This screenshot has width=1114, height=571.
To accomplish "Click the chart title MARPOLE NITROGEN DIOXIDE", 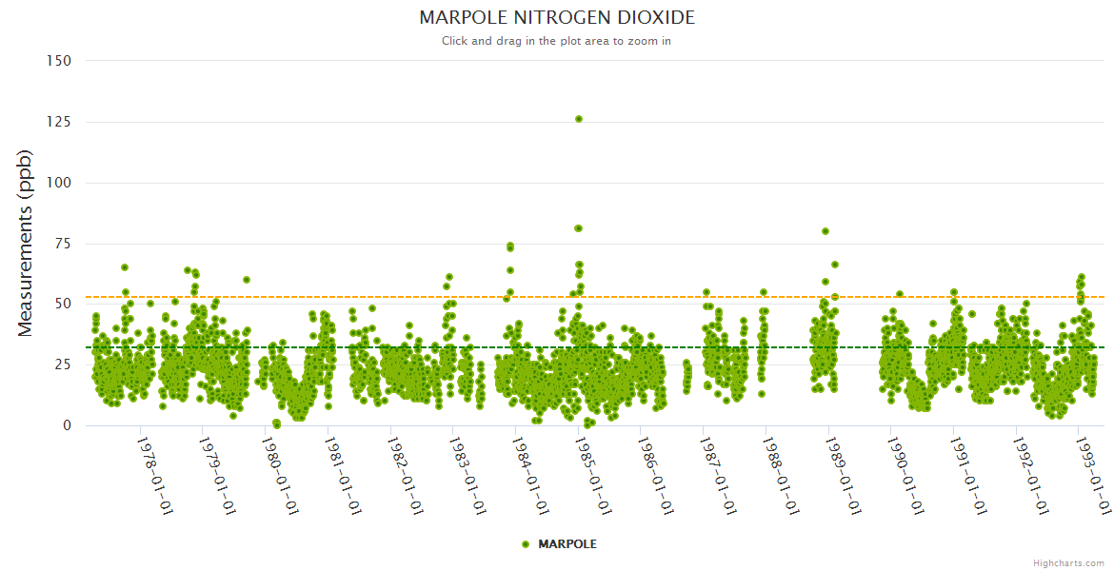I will click(557, 18).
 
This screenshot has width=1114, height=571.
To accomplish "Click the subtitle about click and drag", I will click(557, 41).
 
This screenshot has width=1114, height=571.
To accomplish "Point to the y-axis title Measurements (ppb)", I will click(26, 243).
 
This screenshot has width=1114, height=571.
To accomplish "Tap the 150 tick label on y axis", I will click(59, 61).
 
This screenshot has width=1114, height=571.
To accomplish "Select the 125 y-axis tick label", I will click(59, 122).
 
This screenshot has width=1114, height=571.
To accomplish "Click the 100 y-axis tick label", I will click(59, 183).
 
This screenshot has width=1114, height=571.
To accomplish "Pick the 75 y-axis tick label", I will click(63, 244).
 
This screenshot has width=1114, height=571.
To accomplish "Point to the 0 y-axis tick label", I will click(67, 425).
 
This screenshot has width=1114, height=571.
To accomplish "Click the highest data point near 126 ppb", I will click(578, 119).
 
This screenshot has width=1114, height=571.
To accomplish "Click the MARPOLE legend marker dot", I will click(526, 544).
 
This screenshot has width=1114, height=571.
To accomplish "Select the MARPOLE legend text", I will click(567, 544).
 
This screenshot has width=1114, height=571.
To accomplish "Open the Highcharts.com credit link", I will click(1068, 562).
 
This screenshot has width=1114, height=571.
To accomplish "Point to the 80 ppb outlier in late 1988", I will click(826, 231).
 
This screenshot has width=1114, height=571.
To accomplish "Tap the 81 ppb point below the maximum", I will click(578, 228).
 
